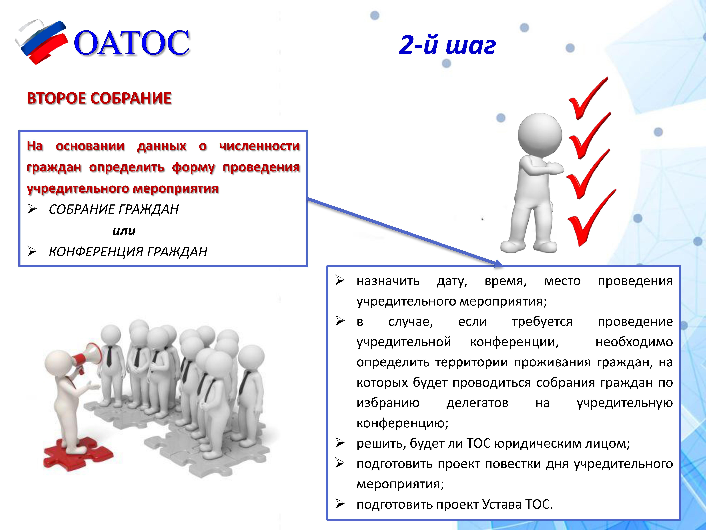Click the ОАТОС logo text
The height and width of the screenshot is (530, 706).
132,43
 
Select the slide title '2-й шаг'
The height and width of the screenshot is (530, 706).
447,45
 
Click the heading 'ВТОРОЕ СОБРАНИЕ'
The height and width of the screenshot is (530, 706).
99,98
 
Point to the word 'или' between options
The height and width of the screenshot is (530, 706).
124,231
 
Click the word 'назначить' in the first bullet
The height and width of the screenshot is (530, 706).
388,281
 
